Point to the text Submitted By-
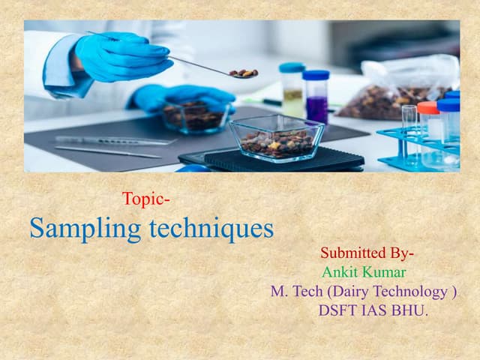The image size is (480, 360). pyautogui.click(x=367, y=253)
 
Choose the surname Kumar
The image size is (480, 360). pyautogui.click(x=385, y=272)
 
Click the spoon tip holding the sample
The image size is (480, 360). pyautogui.click(x=243, y=73)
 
